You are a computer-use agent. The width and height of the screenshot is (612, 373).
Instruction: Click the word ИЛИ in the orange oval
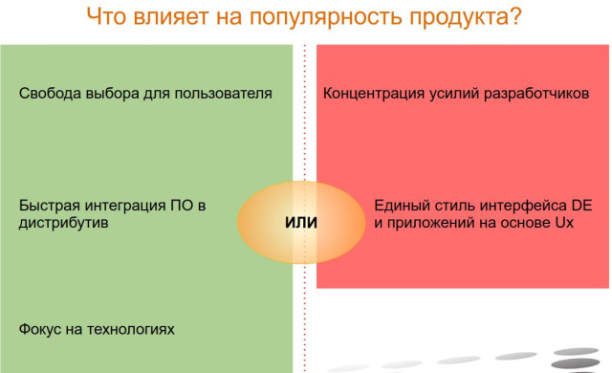tap(301, 222)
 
